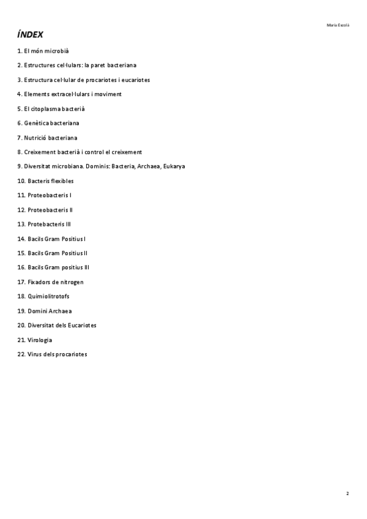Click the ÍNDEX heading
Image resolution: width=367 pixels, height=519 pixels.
tap(30, 35)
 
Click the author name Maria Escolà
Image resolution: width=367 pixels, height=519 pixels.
tap(338, 25)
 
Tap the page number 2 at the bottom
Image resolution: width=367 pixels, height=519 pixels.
tap(347, 493)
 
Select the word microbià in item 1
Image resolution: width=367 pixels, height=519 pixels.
tap(64, 51)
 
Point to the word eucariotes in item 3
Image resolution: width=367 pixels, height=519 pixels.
tap(136, 80)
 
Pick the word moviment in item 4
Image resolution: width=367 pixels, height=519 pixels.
tap(108, 94)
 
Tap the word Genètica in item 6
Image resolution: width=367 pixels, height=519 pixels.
tap(36, 123)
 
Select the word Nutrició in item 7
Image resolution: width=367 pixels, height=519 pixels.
tap(35, 138)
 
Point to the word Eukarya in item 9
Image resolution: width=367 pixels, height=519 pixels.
tap(174, 166)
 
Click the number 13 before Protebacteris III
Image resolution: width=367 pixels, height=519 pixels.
tap(21, 224)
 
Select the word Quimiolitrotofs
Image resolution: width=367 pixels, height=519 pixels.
tap(48, 296)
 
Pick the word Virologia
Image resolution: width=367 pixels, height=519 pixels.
tap(40, 340)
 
